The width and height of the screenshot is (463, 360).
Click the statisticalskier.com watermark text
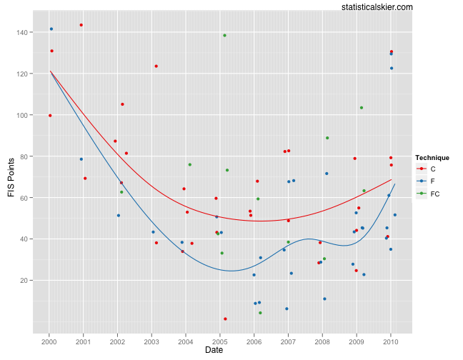tap(377, 6)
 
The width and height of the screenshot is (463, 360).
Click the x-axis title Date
tap(214, 350)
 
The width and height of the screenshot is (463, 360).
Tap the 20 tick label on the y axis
tap(24, 280)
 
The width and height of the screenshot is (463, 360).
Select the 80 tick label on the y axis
tap(24, 156)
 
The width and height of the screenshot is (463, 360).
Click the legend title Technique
tap(432, 157)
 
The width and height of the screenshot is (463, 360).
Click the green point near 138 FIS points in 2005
tap(224, 35)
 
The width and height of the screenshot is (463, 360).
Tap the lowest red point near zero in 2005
tap(225, 319)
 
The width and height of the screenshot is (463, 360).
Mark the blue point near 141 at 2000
tap(51, 29)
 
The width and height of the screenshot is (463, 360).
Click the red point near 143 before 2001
tap(81, 25)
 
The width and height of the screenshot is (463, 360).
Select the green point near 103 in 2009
tap(362, 108)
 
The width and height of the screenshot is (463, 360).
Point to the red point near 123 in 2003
tap(156, 66)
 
